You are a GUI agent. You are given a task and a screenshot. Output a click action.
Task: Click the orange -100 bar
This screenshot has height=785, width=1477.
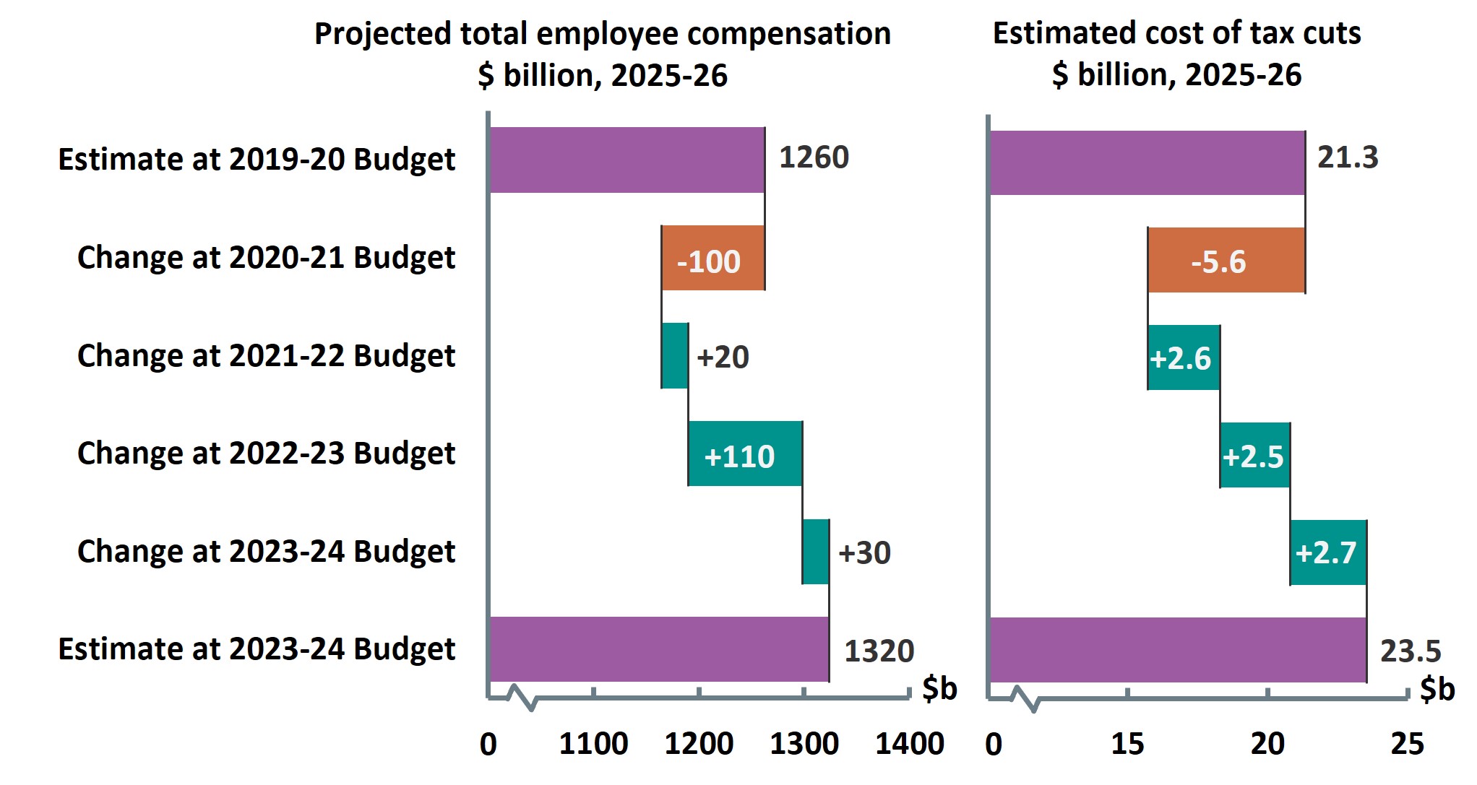tap(712, 258)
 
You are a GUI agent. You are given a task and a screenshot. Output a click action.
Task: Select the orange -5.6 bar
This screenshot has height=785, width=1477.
tap(1226, 261)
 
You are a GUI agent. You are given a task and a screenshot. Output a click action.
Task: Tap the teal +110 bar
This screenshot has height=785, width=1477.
tap(745, 454)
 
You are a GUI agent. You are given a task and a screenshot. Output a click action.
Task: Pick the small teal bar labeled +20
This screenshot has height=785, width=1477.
tap(674, 356)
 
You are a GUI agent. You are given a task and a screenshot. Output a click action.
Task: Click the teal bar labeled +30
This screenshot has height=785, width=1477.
tap(815, 552)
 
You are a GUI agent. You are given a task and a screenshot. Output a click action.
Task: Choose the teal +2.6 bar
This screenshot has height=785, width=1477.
tap(1184, 358)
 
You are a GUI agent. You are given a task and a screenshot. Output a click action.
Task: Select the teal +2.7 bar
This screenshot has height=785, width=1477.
tap(1328, 552)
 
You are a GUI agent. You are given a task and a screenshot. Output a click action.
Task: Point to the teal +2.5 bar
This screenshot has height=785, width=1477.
tap(1255, 456)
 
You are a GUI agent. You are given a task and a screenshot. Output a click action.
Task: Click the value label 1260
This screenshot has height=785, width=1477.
tap(814, 157)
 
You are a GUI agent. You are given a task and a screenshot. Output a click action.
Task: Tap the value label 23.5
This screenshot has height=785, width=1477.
tap(1410, 651)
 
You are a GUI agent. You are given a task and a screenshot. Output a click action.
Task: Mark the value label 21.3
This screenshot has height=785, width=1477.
tap(1347, 157)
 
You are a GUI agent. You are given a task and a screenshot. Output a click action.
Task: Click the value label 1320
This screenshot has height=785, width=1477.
tap(879, 651)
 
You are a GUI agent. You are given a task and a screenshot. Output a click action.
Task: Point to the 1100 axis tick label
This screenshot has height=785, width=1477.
tap(593, 744)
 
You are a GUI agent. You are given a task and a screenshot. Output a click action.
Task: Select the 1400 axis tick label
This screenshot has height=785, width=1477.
tap(909, 744)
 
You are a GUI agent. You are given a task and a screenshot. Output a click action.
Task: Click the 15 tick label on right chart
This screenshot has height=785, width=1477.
tap(1127, 744)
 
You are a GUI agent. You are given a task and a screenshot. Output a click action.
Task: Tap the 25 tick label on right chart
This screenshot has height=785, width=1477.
tap(1407, 744)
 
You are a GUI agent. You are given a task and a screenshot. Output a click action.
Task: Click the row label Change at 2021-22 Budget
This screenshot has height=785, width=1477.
tap(266, 356)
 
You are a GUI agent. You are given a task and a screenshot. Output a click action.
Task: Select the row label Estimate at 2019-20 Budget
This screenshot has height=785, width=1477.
tap(257, 160)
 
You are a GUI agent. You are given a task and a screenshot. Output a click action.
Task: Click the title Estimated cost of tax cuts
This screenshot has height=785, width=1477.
tap(1176, 33)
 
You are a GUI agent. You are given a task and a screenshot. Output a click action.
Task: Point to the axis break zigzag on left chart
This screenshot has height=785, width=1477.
tap(522, 697)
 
